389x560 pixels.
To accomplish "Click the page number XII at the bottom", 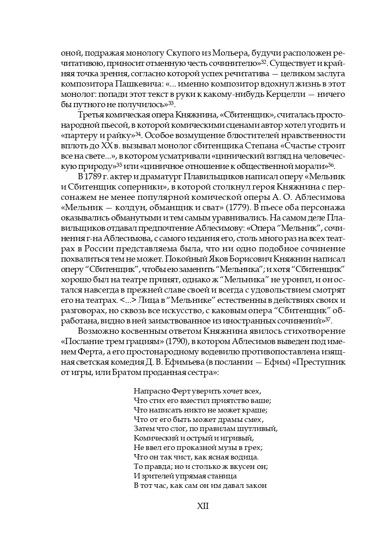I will pyautogui.click(x=203, y=506).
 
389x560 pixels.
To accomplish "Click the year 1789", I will pyautogui.click(x=93, y=177).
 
